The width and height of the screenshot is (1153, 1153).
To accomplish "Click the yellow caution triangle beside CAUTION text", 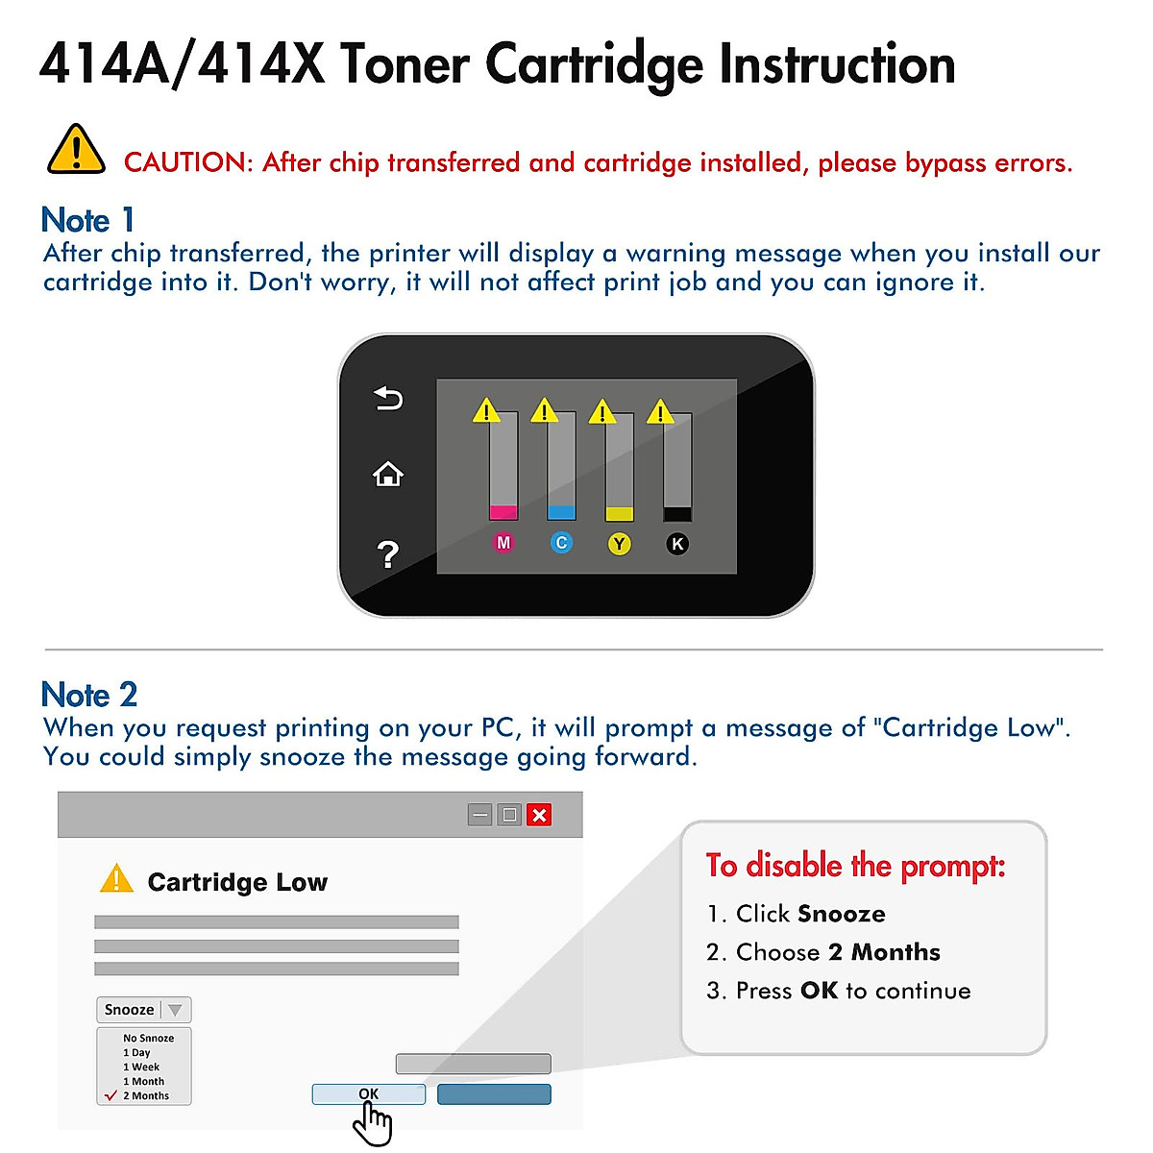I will [x=76, y=151].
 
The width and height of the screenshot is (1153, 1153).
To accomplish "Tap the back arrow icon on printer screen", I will [x=388, y=398].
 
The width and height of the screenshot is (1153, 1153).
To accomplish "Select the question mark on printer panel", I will [x=387, y=554].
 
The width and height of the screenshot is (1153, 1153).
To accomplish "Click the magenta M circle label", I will [x=503, y=543].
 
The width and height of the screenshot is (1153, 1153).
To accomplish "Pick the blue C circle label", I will [x=561, y=543].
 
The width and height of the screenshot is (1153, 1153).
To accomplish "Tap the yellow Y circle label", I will [x=620, y=544].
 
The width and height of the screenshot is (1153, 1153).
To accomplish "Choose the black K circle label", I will [x=677, y=544].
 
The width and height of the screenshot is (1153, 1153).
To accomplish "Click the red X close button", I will [x=539, y=815].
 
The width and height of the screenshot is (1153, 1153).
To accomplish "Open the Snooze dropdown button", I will [x=143, y=1010].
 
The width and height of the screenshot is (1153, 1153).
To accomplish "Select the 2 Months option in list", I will [x=145, y=1095].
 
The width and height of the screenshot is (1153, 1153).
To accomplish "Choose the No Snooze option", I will [x=148, y=1038].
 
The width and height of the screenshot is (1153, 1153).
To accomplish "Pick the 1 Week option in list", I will [x=141, y=1067].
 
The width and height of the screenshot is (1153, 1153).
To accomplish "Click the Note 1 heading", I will [x=87, y=220].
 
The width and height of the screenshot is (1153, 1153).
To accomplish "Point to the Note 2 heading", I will [x=89, y=694].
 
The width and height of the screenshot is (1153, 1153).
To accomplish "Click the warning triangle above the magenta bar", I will [x=486, y=410].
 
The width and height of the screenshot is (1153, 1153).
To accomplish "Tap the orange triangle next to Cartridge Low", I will [x=116, y=878].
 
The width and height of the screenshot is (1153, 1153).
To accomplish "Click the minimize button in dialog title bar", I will [x=480, y=815].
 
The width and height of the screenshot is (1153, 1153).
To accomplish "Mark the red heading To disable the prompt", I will [x=855, y=866].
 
